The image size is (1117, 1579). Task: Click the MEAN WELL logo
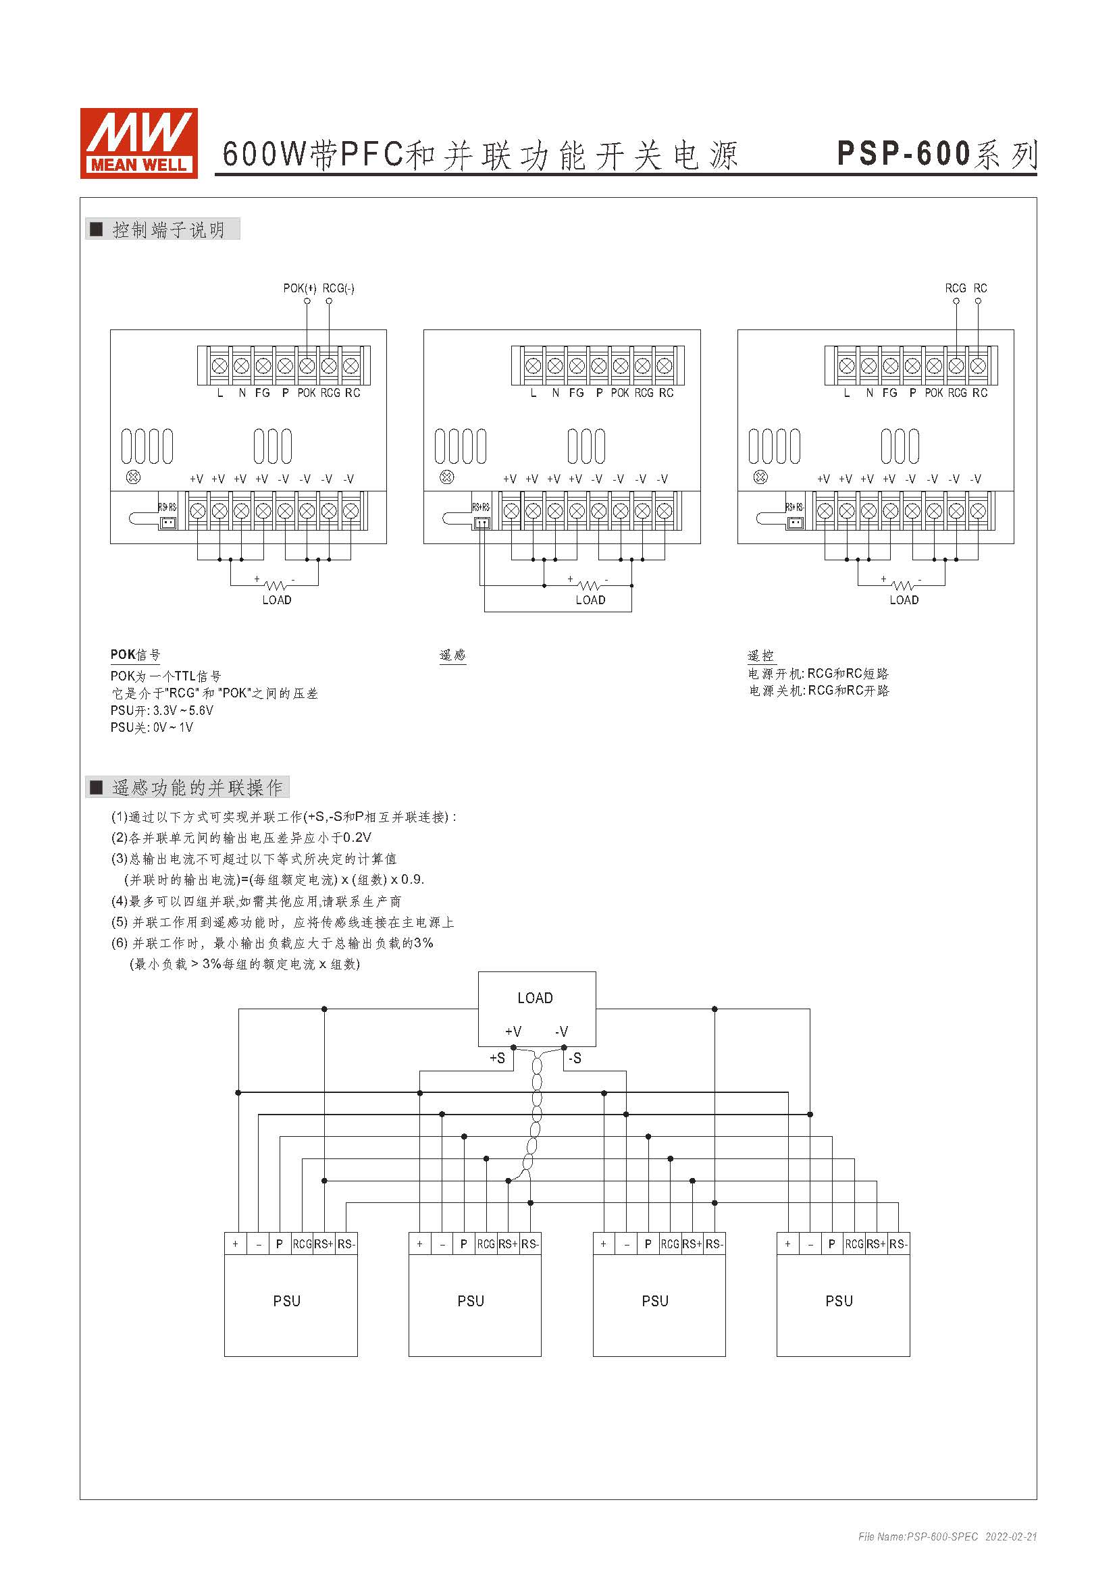coord(139,143)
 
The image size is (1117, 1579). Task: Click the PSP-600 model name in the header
coord(903,153)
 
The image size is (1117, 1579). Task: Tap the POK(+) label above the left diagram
coord(300,288)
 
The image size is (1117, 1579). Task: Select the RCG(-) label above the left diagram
coord(338,288)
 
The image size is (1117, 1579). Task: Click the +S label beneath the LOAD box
coord(497,1059)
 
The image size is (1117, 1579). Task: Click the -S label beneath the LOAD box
coord(575,1059)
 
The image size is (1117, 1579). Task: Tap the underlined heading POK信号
coord(135,655)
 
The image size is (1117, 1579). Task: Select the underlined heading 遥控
coord(760,655)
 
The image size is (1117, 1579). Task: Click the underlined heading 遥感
coord(452,655)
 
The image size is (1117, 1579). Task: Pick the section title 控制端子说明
coord(169,230)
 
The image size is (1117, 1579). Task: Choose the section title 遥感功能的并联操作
coord(197,787)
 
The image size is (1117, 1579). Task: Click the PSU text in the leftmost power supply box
coord(287,1301)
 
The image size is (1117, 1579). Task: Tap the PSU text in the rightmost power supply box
coord(839,1301)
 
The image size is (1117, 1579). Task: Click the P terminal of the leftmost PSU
coord(280,1244)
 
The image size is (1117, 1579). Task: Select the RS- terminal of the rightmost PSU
coord(898,1244)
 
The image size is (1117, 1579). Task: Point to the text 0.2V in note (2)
coord(357,838)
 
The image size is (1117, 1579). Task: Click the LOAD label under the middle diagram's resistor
coord(590,600)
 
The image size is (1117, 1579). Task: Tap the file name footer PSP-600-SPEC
coord(918,1555)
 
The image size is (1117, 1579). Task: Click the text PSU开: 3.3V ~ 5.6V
coord(161,710)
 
